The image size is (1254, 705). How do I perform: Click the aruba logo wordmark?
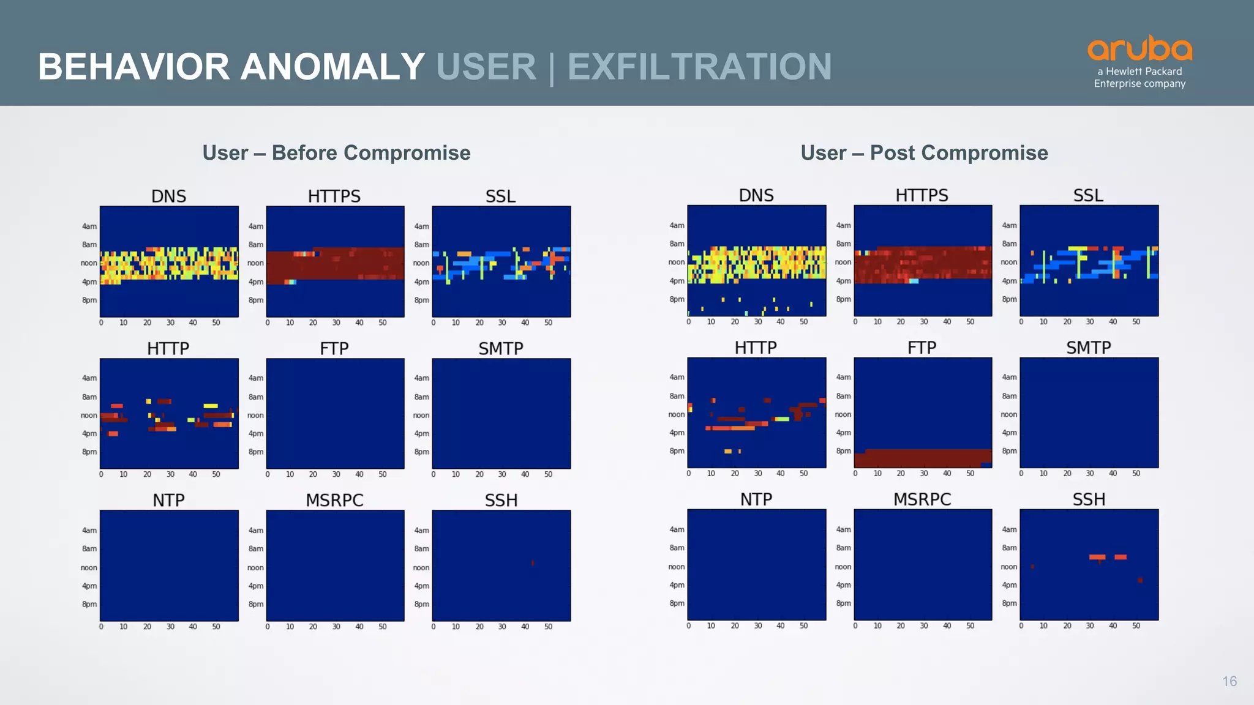[1139, 48]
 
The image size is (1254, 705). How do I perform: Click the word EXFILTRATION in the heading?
[699, 67]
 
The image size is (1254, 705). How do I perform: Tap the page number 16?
[1229, 681]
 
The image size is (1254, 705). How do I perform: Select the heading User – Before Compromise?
[336, 153]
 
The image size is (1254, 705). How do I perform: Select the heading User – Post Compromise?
[924, 153]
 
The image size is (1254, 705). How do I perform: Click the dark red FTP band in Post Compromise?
[922, 458]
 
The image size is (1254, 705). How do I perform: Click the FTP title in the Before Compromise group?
[334, 349]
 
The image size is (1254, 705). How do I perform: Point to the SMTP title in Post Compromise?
[1088, 348]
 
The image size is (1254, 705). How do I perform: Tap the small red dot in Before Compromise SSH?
[533, 563]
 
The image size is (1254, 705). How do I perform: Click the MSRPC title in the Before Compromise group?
[334, 501]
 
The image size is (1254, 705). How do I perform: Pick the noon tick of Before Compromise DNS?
[89, 263]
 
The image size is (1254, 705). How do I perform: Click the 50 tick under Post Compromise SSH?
[1136, 626]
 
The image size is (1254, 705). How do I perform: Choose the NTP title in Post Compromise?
[756, 499]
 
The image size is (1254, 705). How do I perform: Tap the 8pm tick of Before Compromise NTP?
[89, 604]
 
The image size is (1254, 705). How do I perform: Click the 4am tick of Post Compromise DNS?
[677, 225]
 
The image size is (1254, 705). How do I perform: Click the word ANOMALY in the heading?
[332, 67]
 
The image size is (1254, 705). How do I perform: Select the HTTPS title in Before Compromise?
[334, 196]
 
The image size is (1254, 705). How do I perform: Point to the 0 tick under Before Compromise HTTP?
[101, 474]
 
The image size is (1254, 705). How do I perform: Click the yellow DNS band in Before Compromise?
[169, 264]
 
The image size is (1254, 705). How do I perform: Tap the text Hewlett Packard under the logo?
[1144, 72]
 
